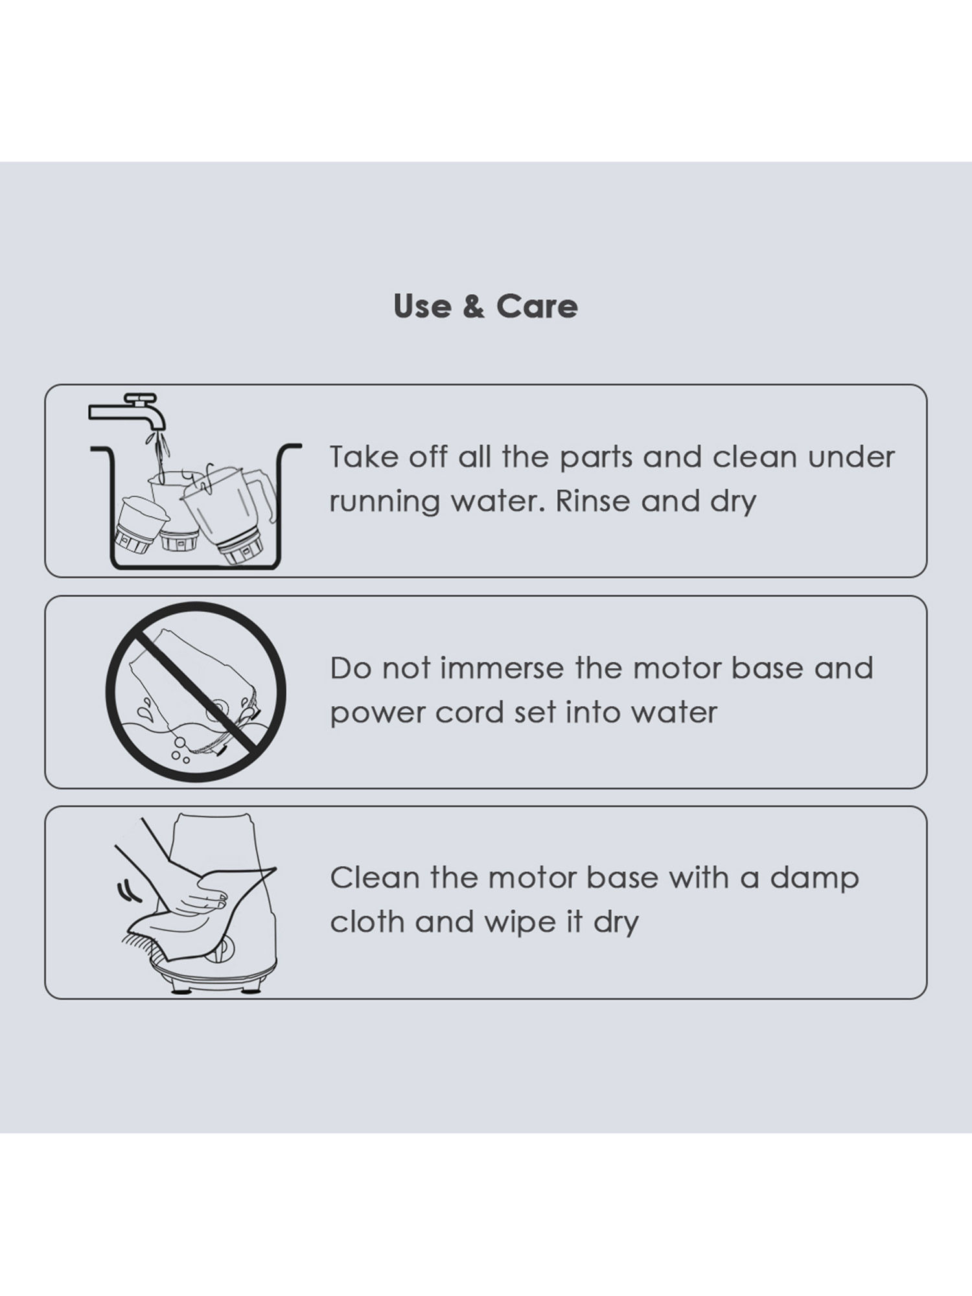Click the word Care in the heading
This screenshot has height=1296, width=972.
point(537,306)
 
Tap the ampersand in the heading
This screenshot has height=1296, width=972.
point(474,307)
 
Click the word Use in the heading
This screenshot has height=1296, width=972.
point(422,306)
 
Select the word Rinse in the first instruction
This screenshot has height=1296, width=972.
point(592,501)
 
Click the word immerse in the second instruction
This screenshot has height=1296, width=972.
point(502,668)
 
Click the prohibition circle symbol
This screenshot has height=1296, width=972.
point(196,692)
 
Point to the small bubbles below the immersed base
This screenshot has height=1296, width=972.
point(178,750)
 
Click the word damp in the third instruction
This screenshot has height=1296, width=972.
point(815,879)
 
